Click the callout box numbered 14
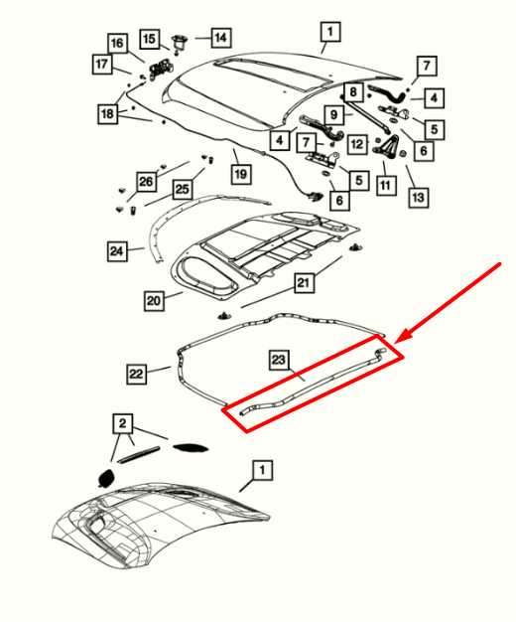coord(219,38)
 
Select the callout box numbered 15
coord(149,40)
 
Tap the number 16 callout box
coord(117,44)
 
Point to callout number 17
coord(102,65)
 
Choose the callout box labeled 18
coord(107,114)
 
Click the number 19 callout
coord(240,175)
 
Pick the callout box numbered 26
coord(146,182)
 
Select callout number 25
coord(182,189)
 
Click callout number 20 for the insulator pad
coord(154,299)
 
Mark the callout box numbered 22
coord(137,374)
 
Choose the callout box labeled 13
coord(418,198)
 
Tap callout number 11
coord(385,185)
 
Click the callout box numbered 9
coord(334,114)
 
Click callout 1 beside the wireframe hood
coord(261,468)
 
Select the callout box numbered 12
coord(358,145)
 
